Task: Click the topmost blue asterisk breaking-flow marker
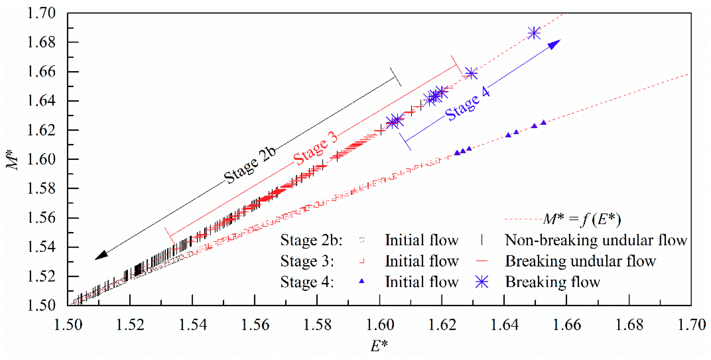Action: click(534, 33)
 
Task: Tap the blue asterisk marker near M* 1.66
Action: click(471, 74)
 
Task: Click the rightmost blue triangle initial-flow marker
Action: click(544, 122)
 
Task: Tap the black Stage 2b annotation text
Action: click(250, 165)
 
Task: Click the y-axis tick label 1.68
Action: click(41, 43)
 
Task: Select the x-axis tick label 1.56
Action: click(255, 325)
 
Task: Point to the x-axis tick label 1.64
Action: click(504, 325)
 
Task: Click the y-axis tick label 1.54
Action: click(41, 247)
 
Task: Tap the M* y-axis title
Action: click(12, 159)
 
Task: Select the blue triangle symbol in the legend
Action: click(361, 281)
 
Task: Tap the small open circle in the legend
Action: click(362, 240)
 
